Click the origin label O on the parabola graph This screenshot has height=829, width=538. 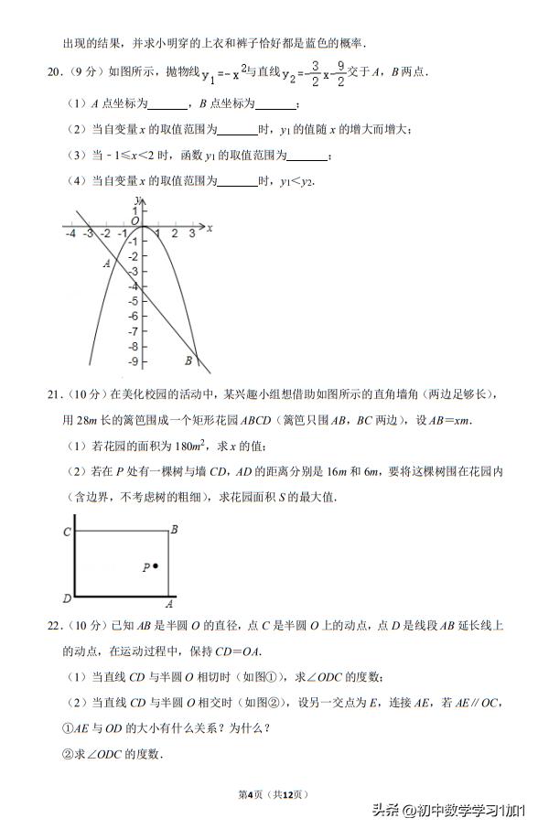tap(134, 221)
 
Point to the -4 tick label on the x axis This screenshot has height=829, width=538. tap(70, 235)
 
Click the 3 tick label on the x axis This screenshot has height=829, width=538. tap(192, 235)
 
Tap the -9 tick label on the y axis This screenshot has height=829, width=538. tap(133, 361)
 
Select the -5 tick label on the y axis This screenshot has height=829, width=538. tap(133, 301)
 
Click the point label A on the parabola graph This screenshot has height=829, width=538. tap(106, 264)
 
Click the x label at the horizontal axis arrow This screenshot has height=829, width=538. tap(210, 227)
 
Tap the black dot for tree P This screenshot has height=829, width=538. tap(156, 566)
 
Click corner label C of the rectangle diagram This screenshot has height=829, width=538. tap(67, 532)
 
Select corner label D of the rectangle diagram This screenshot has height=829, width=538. tap(67, 598)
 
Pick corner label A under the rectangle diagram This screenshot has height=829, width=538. tap(168, 604)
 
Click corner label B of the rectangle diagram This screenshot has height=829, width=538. tap(174, 529)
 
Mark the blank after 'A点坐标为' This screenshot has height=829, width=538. tap(166, 105)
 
